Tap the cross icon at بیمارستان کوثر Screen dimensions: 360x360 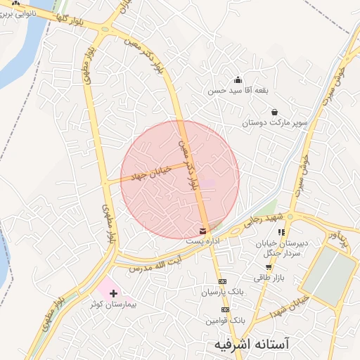click(x=113, y=292)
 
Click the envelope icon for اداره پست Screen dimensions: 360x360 click(x=203, y=231)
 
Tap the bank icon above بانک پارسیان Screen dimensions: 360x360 click(x=223, y=281)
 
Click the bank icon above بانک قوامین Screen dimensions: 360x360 click(x=225, y=309)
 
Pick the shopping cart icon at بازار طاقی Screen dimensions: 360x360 click(x=269, y=267)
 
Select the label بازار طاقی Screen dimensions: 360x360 click(x=268, y=278)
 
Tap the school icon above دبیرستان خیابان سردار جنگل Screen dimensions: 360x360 click(x=281, y=231)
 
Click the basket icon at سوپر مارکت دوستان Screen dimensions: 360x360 click(x=274, y=112)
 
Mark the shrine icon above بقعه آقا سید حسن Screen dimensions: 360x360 click(x=238, y=79)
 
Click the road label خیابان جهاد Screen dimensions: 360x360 click(x=151, y=173)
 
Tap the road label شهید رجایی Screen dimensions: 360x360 click(x=259, y=221)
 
